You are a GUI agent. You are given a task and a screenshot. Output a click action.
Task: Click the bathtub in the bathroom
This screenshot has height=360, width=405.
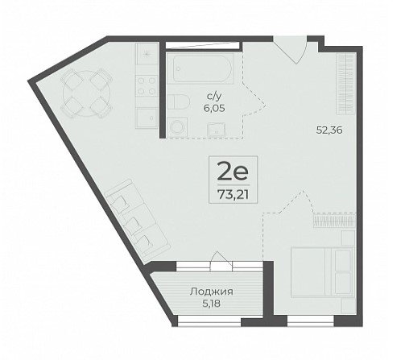pyautogui.click(x=203, y=68)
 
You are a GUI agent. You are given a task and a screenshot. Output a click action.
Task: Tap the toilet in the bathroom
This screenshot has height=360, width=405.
pyautogui.click(x=179, y=101)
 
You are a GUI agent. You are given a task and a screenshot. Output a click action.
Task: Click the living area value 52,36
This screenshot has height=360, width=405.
pyautogui.click(x=329, y=130)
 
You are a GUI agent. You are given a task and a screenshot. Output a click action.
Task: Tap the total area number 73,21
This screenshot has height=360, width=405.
pyautogui.click(x=233, y=194)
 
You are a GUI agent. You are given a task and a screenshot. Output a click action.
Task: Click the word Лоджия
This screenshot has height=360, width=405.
pyautogui.click(x=211, y=292)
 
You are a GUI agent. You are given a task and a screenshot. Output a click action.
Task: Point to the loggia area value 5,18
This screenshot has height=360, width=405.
pyautogui.click(x=212, y=304)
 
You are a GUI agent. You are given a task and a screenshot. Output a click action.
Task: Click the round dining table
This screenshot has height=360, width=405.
pyautogui.click(x=86, y=93)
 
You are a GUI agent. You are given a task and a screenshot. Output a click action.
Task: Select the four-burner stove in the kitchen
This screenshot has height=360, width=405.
pyautogui.click(x=147, y=85)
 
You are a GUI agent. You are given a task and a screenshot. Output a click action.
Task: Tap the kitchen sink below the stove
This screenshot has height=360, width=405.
pyautogui.click(x=147, y=118)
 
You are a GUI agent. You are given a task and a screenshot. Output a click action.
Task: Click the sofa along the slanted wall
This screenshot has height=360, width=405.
pyautogui.click(x=138, y=218)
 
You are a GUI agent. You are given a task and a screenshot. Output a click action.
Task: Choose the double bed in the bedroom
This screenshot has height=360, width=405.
pyautogui.click(x=322, y=272)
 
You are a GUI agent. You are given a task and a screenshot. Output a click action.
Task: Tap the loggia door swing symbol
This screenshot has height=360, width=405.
pyautogui.click(x=221, y=261)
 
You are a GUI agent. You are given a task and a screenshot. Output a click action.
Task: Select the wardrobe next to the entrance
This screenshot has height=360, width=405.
pyautogui.click(x=346, y=84)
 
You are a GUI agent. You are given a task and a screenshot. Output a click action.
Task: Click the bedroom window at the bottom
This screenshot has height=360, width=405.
pyautogui.click(x=311, y=321)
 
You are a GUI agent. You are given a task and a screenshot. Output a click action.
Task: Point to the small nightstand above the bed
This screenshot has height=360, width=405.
pyautogui.click(x=349, y=238)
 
